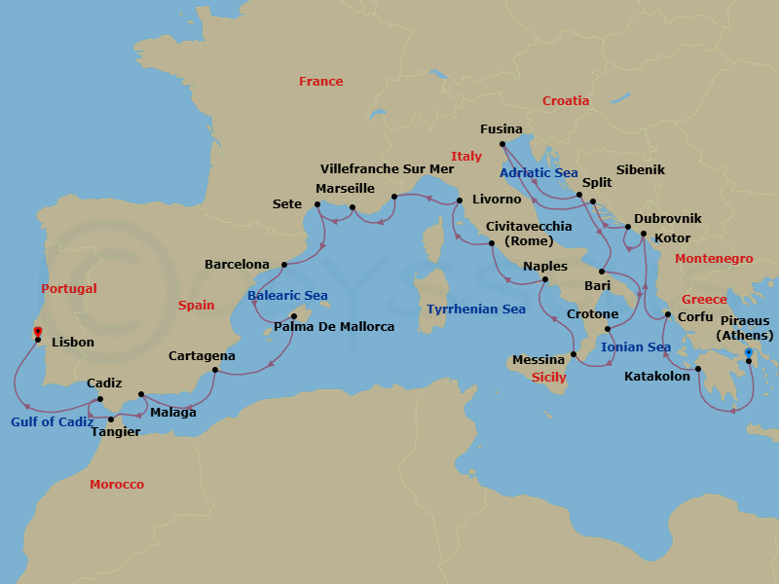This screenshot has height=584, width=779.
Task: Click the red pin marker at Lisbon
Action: pos(37,333)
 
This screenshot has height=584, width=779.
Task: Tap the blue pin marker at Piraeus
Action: pos(748,353)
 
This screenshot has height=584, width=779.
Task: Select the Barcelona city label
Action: pos(237,264)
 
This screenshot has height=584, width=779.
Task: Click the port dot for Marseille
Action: pos(352,207)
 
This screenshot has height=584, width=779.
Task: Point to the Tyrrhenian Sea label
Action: pos(475,310)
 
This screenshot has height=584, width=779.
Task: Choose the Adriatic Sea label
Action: pos(538,172)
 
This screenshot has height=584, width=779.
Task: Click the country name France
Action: pos(320,82)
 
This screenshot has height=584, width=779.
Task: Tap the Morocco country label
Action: pos(117,484)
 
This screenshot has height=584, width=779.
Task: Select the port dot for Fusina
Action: pos(501,146)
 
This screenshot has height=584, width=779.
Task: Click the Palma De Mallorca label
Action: pos(334,327)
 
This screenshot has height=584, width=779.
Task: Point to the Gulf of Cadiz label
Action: pos(53,422)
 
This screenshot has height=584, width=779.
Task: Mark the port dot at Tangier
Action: pos(111,420)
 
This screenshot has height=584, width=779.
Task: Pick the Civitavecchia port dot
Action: pos(492,243)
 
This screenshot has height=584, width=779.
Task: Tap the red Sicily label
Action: pos(549,377)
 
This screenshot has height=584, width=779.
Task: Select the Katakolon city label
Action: pos(657,376)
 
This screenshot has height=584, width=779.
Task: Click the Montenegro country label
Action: pos(714,259)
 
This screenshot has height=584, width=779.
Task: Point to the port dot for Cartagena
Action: pos(215,370)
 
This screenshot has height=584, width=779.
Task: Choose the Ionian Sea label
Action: pos(636,347)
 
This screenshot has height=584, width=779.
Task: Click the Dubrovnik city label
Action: pos(667,219)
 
